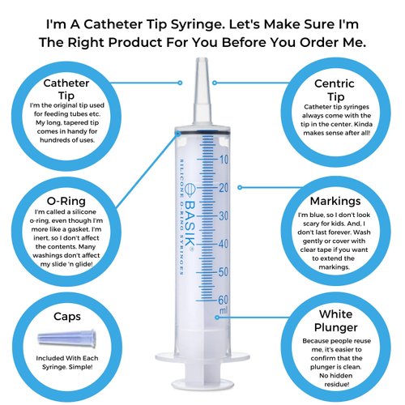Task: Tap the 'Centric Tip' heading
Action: [336, 90]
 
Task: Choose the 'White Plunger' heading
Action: [336, 319]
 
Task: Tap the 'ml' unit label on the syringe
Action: [223, 311]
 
